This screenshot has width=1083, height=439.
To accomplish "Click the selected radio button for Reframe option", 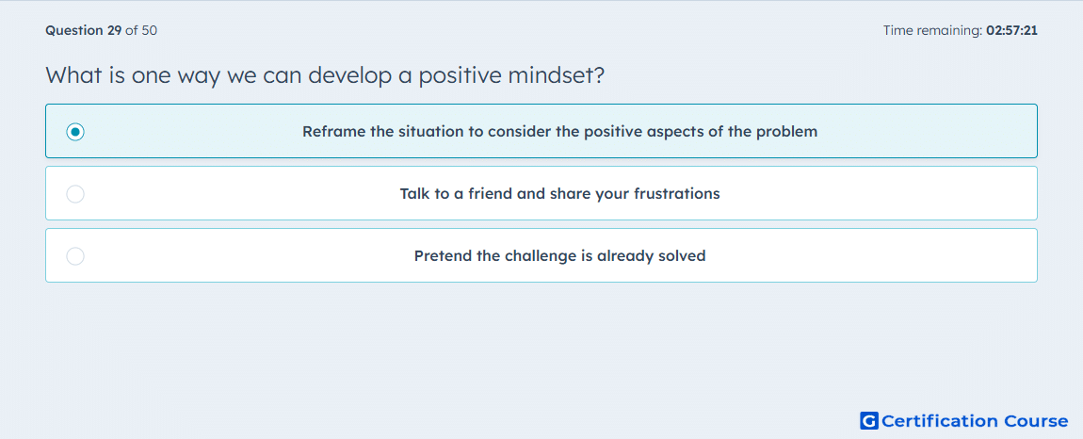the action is (x=75, y=131).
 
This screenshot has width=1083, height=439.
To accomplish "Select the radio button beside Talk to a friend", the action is (x=75, y=194).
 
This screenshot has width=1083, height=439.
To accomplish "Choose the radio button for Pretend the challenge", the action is (x=75, y=256).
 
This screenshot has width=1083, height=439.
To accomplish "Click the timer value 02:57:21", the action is (x=1011, y=30).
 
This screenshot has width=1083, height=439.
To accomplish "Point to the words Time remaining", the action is (x=932, y=30).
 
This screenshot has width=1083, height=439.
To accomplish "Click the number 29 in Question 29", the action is (x=115, y=30).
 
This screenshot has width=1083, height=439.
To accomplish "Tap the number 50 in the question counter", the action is (x=149, y=30).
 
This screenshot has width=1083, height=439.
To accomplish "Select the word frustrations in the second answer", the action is (x=677, y=194).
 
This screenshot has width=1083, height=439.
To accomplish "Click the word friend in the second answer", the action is (x=491, y=194).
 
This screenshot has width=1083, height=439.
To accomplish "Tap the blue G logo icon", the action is (x=869, y=420).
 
